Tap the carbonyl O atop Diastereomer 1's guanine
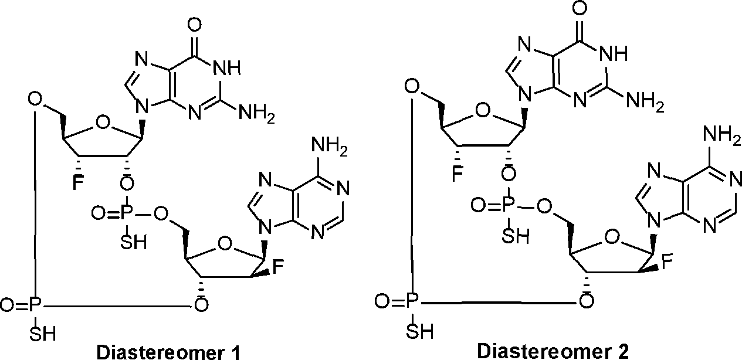coord(194,25)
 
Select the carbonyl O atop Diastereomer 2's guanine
coord(580,8)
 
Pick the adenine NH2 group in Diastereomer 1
coord(330,147)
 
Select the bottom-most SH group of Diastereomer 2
coord(420,331)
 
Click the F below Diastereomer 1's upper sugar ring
coord(77,182)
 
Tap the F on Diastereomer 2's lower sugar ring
coord(667,263)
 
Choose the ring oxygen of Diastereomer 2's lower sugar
coord(611,237)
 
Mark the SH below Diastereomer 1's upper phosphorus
coord(133,242)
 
